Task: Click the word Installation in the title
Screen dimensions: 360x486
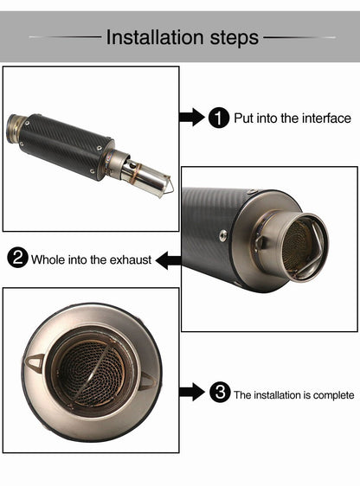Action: coord(156,37)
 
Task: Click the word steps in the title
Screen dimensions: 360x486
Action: coord(235,38)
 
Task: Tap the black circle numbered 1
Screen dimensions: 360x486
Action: coord(219,118)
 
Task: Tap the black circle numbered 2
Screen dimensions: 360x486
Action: coord(17,258)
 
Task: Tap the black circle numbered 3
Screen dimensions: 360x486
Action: coord(220,393)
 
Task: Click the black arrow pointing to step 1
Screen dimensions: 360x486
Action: coord(192,117)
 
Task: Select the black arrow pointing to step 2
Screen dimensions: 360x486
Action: coord(169,260)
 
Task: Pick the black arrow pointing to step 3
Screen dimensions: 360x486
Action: coord(192,392)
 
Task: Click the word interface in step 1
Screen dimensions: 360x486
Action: coord(326,118)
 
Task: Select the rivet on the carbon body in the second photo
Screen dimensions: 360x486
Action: coord(222,234)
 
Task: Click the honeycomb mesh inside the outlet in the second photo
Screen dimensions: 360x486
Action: coord(297,245)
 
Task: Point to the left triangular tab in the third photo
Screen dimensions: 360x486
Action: coord(35,361)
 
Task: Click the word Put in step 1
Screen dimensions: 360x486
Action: coord(244,118)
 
